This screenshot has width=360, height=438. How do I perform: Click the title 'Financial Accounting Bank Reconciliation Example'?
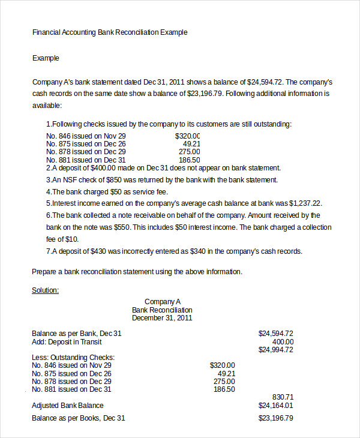point(110,32)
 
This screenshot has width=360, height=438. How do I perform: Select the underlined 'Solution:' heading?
point(45,290)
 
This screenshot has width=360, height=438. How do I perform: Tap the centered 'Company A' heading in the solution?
point(162,302)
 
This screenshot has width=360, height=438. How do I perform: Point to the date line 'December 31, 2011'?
point(162,318)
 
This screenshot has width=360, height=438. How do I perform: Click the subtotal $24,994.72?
point(275,349)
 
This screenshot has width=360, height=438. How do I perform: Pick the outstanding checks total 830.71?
point(283,397)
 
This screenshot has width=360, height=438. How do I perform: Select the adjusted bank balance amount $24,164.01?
point(275,406)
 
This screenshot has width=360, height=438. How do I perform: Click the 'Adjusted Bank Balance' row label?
point(67,406)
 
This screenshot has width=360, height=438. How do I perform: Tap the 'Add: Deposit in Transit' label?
point(66,341)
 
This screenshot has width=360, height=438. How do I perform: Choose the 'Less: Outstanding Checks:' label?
point(73,357)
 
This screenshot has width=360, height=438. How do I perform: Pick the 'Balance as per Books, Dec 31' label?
point(78,418)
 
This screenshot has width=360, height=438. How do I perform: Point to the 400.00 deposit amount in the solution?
point(283,341)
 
